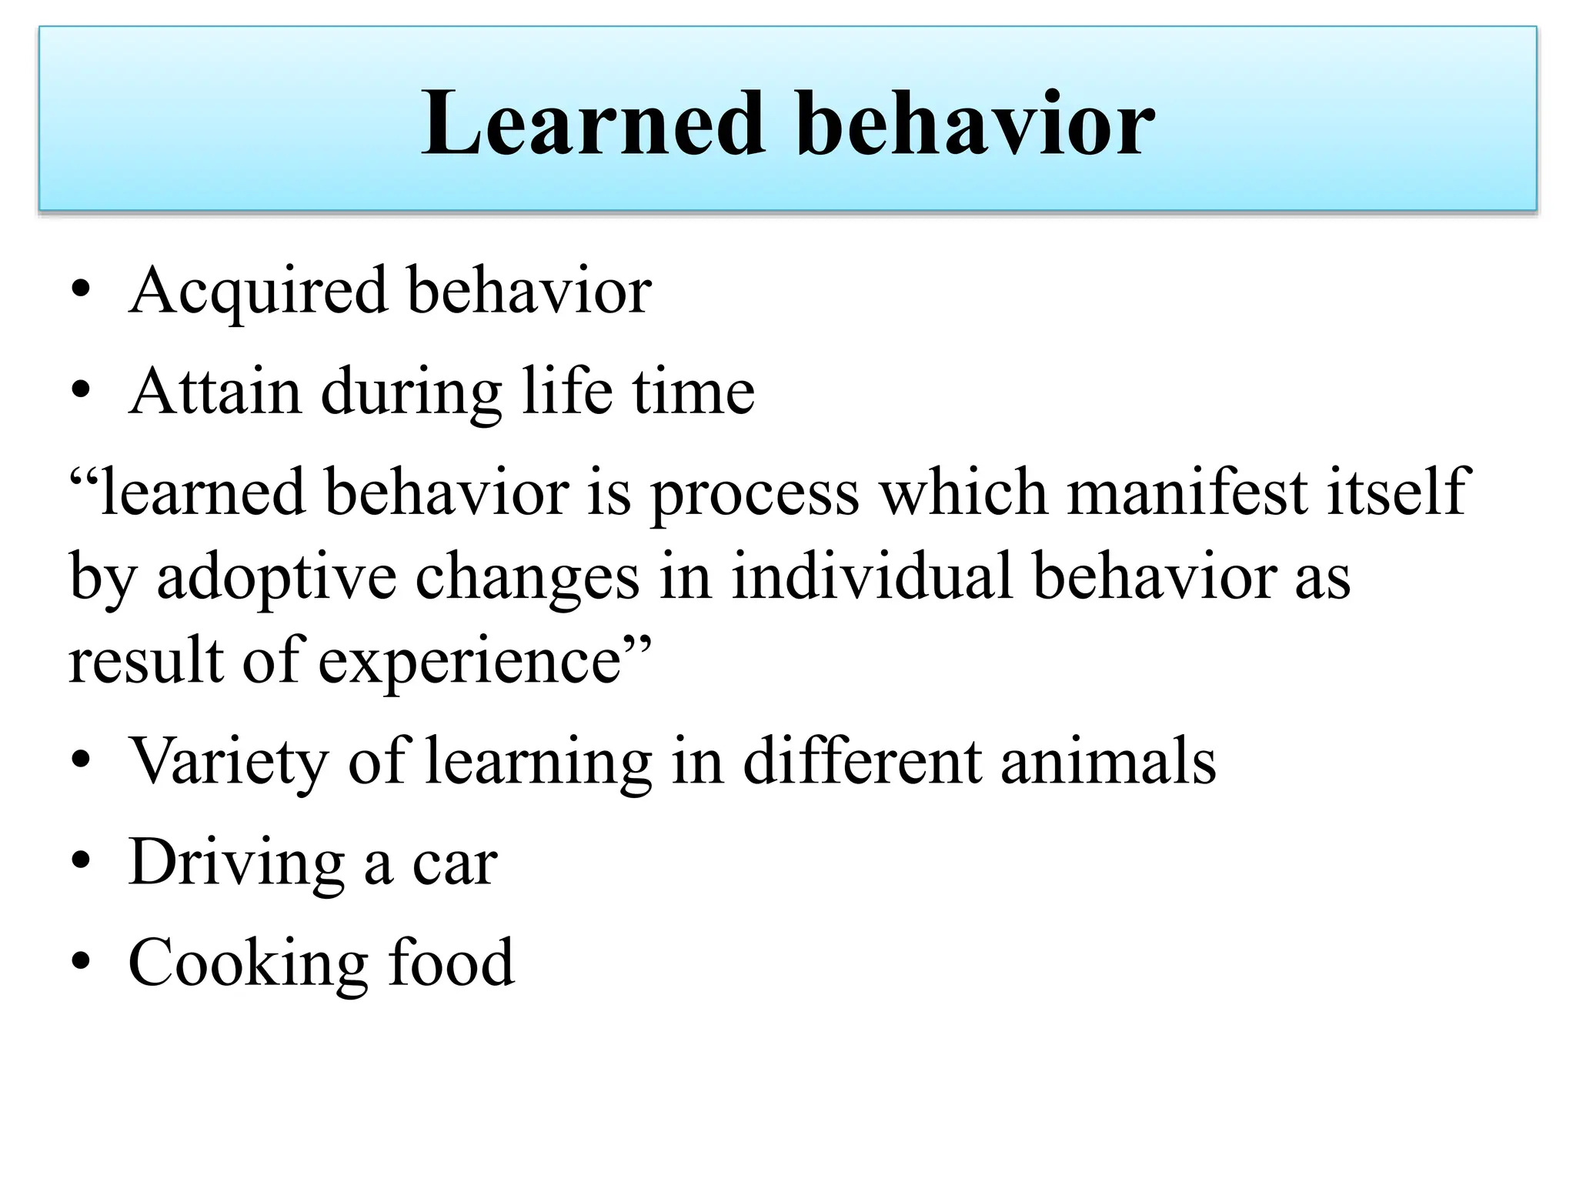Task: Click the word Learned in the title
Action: point(593,123)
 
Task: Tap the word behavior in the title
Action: point(974,123)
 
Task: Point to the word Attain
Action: point(215,392)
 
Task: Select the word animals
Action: point(1108,762)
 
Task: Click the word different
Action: point(862,762)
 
